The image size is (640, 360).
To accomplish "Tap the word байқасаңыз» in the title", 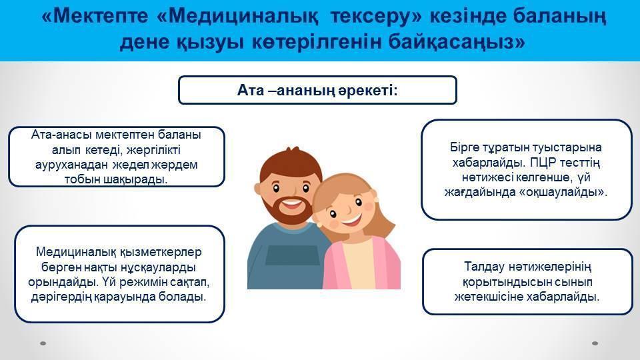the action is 457,43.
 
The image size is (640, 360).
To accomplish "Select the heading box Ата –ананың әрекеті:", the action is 317,90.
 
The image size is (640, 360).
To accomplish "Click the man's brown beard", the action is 287,211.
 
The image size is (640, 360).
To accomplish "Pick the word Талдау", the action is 485,267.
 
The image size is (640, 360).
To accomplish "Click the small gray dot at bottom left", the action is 43,343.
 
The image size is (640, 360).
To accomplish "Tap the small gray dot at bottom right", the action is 595,343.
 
